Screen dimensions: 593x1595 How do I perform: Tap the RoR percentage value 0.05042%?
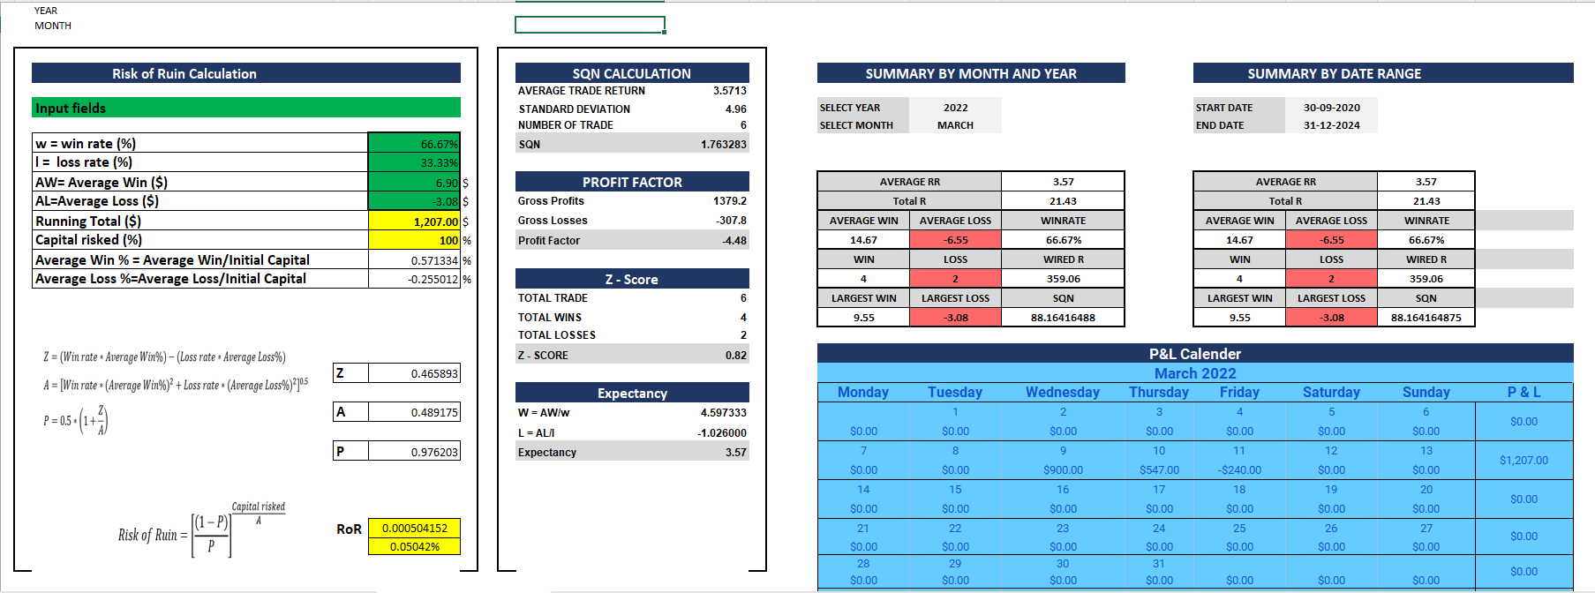point(414,546)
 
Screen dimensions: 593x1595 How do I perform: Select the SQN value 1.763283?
point(723,144)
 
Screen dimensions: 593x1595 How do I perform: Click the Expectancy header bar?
point(632,393)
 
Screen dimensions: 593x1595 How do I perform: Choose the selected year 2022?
point(955,108)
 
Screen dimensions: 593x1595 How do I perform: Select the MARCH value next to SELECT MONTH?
point(955,125)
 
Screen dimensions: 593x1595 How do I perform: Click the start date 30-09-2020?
point(1331,108)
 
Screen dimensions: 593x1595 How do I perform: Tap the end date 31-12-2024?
point(1331,125)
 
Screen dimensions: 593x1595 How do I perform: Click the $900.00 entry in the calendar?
point(1063,470)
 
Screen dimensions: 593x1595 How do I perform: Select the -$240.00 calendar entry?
point(1239,470)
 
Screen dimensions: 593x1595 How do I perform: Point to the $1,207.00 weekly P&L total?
point(1524,460)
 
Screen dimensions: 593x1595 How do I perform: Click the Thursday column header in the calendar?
point(1158,392)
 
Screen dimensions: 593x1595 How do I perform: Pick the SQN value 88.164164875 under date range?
point(1426,318)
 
